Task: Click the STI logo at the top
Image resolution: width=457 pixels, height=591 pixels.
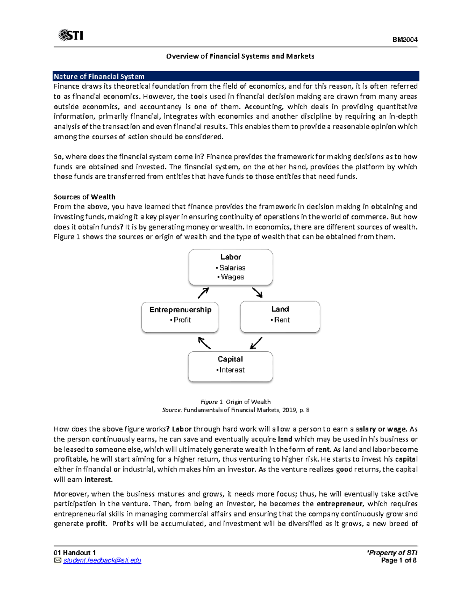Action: click(x=71, y=35)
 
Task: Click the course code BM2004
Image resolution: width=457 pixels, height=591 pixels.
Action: click(x=405, y=40)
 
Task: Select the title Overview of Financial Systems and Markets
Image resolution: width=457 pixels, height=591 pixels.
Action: click(x=240, y=56)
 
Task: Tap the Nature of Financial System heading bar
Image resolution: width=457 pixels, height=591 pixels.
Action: click(x=236, y=76)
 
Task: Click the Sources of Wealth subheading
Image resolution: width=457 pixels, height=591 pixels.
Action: click(x=84, y=197)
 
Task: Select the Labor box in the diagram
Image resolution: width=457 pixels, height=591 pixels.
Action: click(x=230, y=267)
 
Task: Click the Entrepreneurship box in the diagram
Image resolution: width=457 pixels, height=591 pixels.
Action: click(x=180, y=317)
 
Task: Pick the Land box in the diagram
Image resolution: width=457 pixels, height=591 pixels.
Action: click(x=280, y=316)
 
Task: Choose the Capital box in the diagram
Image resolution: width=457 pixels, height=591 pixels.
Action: click(x=230, y=366)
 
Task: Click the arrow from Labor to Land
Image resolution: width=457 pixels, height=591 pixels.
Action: click(x=257, y=293)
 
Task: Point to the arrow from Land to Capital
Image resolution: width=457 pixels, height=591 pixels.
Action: click(x=256, y=343)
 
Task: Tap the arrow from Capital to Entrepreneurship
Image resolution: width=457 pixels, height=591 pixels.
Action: click(x=205, y=343)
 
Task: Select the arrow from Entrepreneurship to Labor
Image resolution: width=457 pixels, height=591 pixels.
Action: click(x=203, y=293)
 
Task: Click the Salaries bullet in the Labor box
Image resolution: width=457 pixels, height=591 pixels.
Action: click(x=231, y=268)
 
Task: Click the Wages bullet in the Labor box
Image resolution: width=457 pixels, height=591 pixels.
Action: click(x=231, y=277)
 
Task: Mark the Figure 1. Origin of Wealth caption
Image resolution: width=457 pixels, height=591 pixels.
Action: click(x=235, y=402)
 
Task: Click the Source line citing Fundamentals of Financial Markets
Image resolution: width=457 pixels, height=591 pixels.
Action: click(x=235, y=410)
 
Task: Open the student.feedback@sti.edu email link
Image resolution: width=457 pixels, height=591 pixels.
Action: click(x=102, y=561)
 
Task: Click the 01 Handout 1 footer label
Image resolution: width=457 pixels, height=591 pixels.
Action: click(x=75, y=553)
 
